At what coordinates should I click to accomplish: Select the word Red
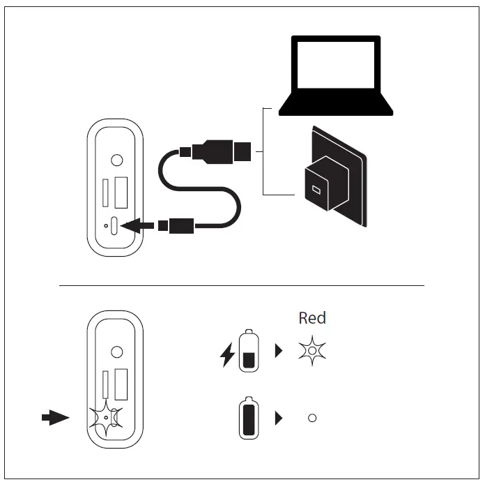click(312, 318)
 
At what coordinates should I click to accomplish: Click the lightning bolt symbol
click(228, 355)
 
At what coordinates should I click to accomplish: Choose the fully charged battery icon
click(249, 419)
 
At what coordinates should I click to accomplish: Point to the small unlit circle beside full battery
click(312, 418)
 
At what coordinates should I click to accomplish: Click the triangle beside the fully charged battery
click(279, 418)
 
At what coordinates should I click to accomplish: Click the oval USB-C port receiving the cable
click(115, 225)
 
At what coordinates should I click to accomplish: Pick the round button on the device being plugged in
click(117, 160)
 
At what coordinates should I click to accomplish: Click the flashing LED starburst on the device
click(105, 417)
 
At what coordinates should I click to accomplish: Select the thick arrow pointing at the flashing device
click(55, 417)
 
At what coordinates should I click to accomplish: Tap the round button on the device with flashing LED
click(117, 352)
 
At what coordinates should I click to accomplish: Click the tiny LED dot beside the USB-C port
click(105, 225)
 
